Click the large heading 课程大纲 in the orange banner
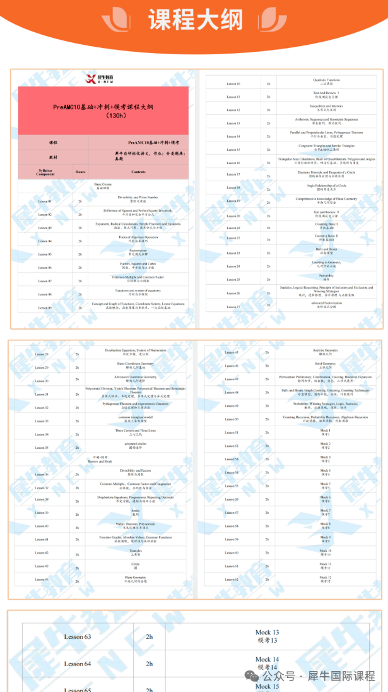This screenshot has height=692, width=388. coord(195,20)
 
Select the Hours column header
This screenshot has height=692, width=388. coord(80,172)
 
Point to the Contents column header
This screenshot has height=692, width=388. coord(138,172)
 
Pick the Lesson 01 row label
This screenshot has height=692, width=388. coord(45,201)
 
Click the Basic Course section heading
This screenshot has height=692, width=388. coord(103,186)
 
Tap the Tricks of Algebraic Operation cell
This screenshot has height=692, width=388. coord(138,239)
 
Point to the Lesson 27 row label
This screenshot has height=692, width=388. coord(233,307)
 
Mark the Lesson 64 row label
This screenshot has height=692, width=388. coord(77,664)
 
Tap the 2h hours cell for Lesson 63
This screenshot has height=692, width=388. coord(149,636)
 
